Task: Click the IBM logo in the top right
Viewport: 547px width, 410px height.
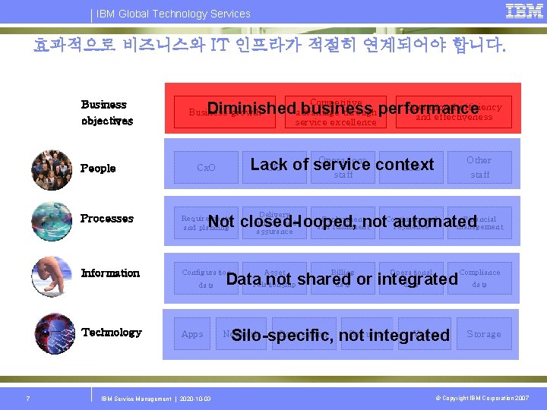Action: [524, 11]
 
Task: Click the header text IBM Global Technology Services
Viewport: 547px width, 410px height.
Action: [173, 14]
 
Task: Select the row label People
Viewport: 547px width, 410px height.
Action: [98, 169]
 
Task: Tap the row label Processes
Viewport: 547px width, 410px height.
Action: [107, 219]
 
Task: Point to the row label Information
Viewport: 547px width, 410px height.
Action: [110, 273]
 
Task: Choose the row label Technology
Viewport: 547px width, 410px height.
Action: [111, 333]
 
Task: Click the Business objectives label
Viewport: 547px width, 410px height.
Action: [106, 112]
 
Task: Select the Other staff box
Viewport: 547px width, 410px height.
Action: [479, 167]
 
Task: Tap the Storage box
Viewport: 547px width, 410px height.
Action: [484, 334]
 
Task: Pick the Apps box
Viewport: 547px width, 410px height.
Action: [192, 334]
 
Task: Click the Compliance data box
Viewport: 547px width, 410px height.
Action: [479, 278]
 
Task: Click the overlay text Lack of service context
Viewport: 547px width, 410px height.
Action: [342, 164]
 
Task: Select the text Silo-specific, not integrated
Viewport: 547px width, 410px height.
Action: [340, 335]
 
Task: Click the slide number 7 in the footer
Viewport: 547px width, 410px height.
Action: [27, 399]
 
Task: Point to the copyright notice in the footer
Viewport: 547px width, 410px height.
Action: [482, 399]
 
